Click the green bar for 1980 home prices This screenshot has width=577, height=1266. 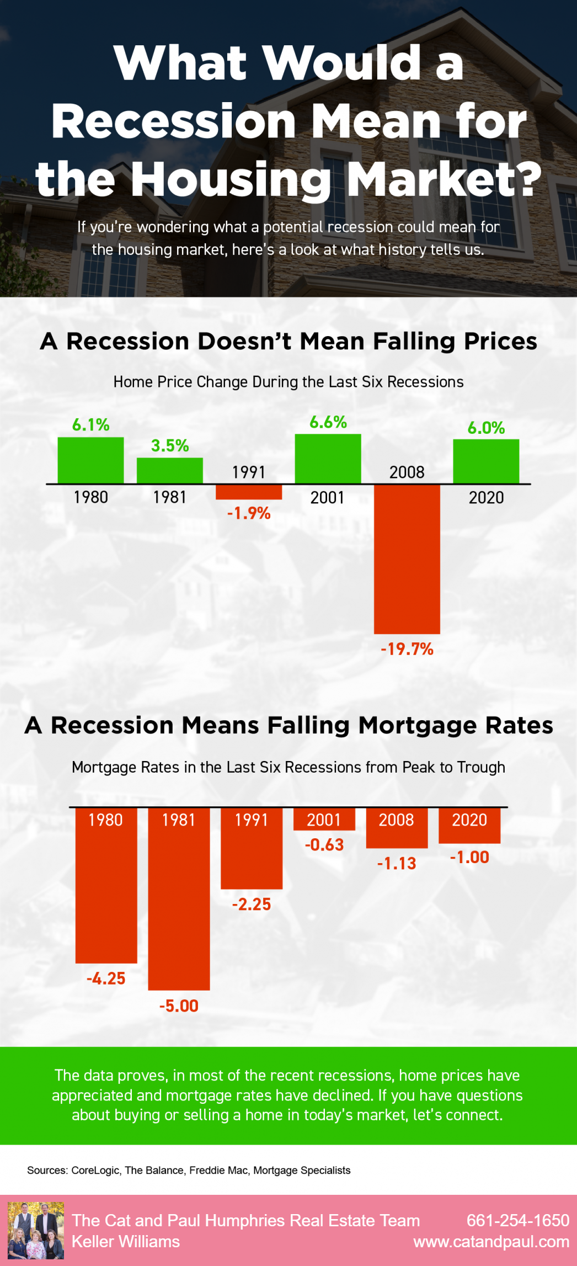point(90,460)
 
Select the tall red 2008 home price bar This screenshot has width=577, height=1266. point(407,558)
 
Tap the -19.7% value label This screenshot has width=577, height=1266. point(407,649)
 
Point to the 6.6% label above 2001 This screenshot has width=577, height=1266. point(328,422)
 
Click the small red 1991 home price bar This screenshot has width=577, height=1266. point(249,492)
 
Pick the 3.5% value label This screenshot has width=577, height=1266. point(170,445)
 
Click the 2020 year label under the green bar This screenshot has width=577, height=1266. point(486,497)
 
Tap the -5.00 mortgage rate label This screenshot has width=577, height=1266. point(179,1006)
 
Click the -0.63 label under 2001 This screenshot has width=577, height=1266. point(324,844)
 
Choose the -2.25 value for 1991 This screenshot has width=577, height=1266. point(252,904)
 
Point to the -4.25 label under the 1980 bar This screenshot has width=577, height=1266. point(106,978)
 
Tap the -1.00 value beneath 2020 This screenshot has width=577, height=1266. point(469,857)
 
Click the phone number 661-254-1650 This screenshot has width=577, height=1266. point(517,1220)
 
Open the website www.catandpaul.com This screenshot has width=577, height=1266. point(491,1242)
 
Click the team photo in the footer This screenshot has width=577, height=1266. point(35,1230)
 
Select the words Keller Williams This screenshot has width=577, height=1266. point(126,1242)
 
